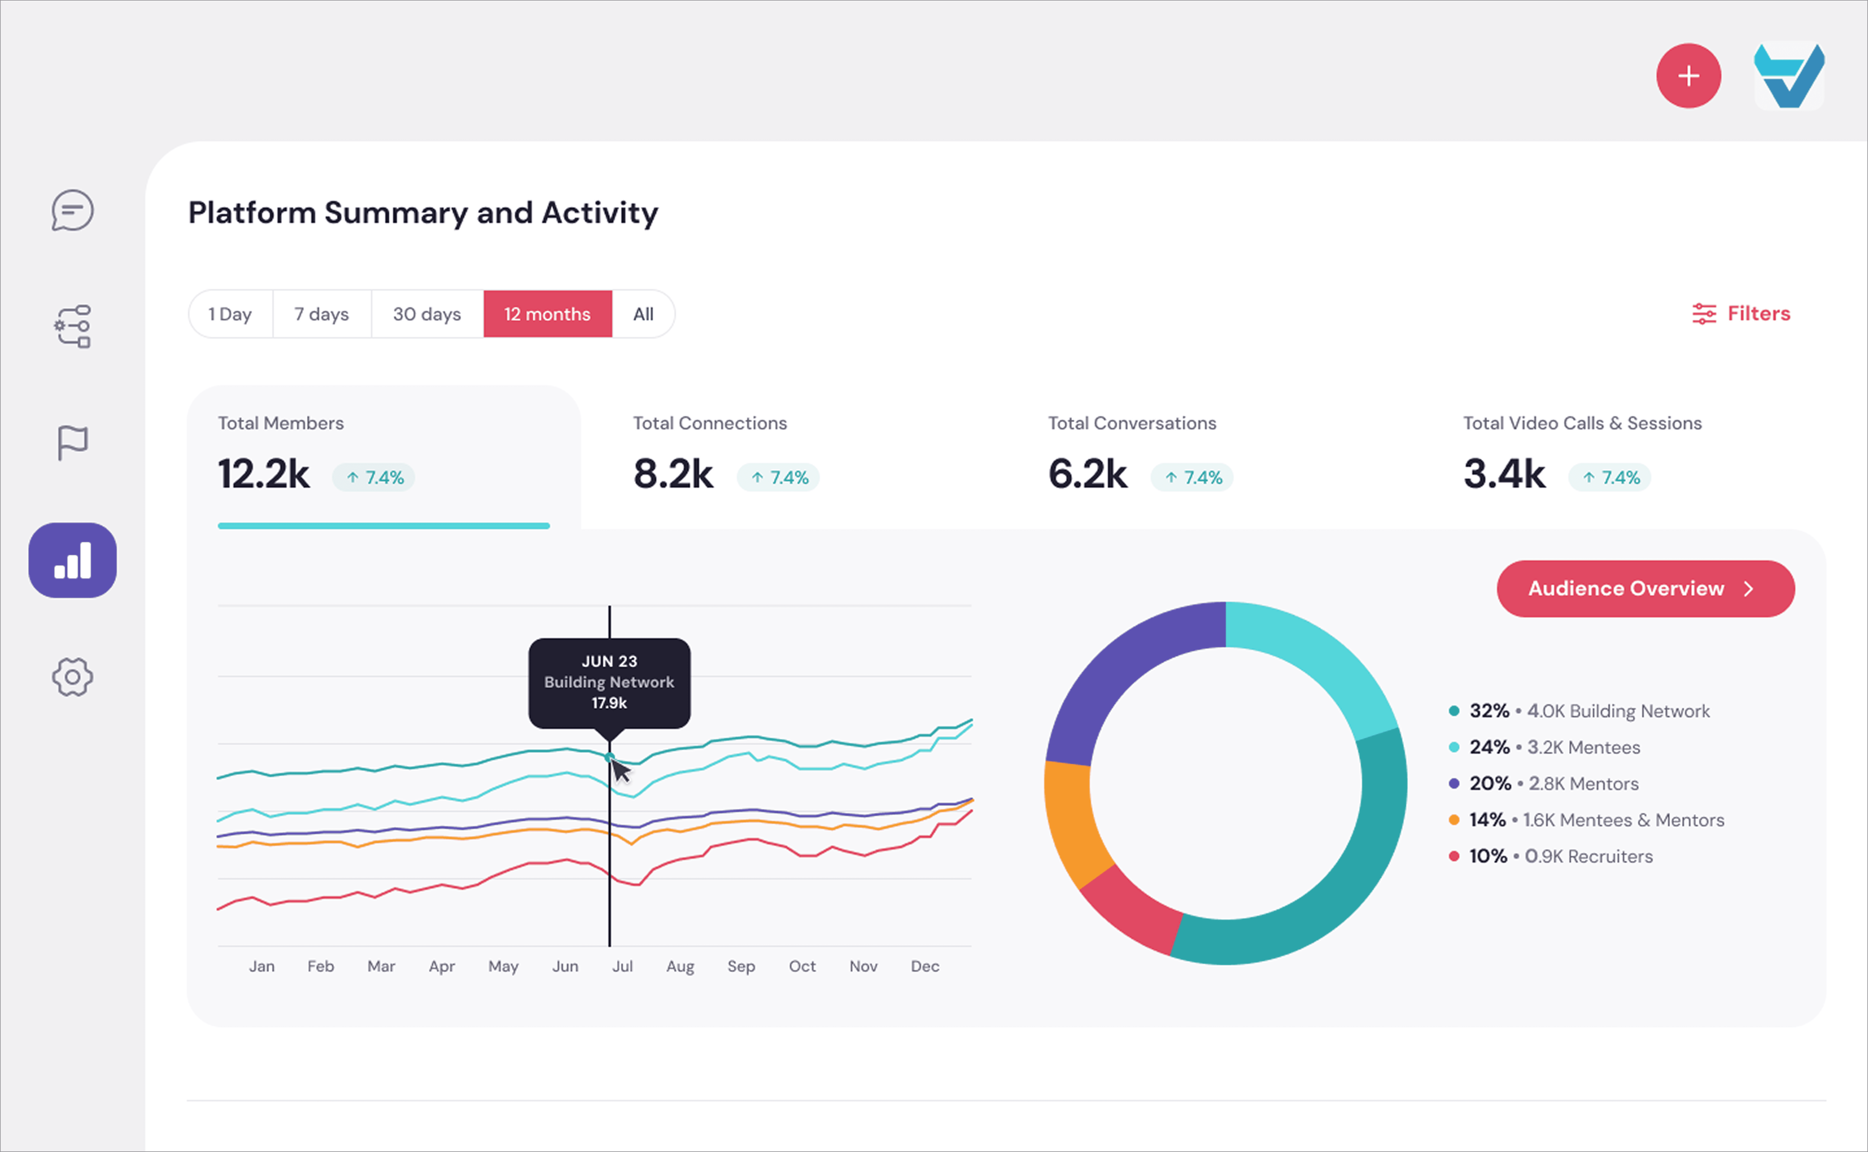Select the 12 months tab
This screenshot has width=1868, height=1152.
(547, 314)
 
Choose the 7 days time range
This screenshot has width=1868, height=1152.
(321, 314)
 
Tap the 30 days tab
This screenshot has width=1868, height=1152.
(427, 314)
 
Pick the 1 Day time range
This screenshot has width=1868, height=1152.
(230, 314)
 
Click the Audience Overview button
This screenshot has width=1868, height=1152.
(1646, 588)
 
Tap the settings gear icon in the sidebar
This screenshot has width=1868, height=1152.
(72, 677)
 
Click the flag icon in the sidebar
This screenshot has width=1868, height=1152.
(72, 443)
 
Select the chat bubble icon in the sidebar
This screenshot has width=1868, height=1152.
(72, 210)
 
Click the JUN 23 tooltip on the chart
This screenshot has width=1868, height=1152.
(609, 683)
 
